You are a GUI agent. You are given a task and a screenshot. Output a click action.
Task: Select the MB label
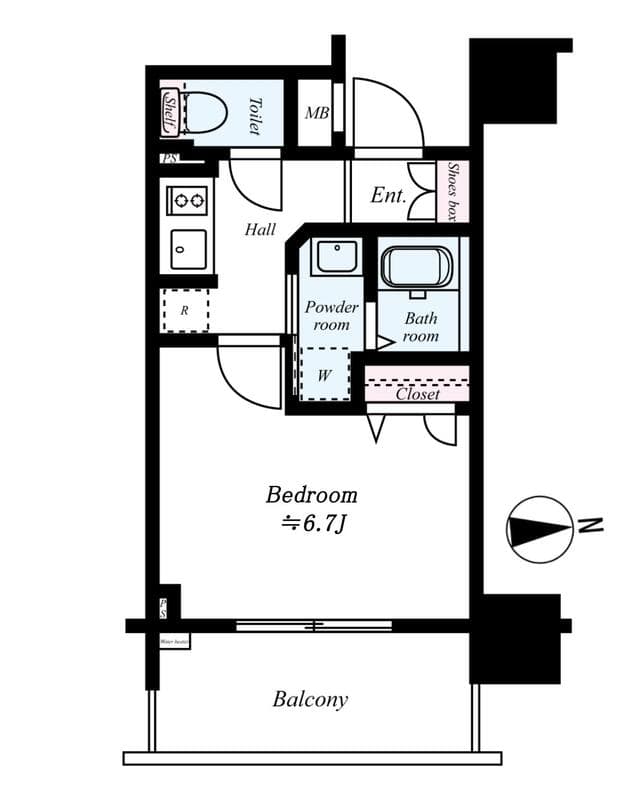point(317,113)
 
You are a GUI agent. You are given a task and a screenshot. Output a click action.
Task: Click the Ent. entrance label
point(389,195)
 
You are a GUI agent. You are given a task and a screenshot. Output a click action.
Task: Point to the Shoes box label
point(454,191)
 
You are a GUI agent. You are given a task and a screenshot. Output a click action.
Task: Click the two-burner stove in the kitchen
point(188,200)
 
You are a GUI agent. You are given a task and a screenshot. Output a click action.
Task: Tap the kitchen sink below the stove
point(188,249)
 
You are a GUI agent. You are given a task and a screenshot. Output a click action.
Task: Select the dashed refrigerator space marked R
point(185,310)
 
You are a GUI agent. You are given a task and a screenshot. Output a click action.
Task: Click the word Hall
point(260,229)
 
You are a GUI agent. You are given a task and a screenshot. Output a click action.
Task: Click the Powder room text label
point(331,316)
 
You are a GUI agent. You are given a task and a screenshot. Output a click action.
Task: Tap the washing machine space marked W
point(325,374)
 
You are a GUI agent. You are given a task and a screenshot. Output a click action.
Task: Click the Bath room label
point(421,327)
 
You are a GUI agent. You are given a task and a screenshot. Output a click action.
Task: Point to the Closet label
point(417,394)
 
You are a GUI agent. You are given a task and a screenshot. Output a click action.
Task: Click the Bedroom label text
point(311,494)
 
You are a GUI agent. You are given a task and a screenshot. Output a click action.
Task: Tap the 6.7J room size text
point(312,521)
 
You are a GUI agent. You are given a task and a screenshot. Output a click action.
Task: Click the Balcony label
point(310,699)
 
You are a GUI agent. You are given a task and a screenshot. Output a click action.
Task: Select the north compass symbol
point(537,527)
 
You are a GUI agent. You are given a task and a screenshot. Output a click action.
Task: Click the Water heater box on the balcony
point(174,642)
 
